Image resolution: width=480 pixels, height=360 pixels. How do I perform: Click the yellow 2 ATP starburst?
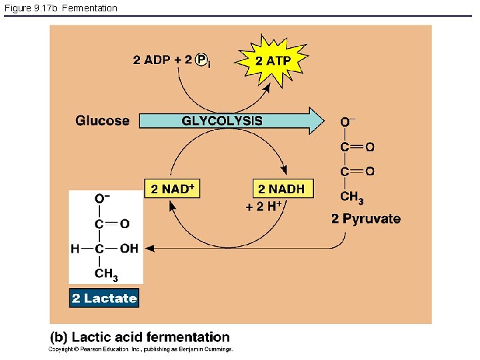(273, 61)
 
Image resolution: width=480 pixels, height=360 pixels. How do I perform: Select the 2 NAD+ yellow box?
(172, 189)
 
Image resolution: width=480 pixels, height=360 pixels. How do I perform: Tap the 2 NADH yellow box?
(281, 189)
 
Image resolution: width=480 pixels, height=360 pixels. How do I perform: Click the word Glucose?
(102, 121)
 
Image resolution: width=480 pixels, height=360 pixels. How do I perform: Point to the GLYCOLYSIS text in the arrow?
(222, 121)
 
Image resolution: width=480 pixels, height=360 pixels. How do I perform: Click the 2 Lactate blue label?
(104, 298)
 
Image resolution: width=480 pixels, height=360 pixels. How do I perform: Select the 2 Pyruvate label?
(366, 219)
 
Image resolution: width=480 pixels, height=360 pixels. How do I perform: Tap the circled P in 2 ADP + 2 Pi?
(202, 59)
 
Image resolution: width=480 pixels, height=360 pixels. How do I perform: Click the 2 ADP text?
(152, 60)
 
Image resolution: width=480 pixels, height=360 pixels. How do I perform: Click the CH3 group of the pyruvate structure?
(351, 197)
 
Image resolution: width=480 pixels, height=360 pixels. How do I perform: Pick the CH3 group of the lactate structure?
(106, 273)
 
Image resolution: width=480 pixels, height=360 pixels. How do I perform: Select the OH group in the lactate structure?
(129, 249)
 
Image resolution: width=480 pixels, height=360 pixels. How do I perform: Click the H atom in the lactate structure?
(75, 249)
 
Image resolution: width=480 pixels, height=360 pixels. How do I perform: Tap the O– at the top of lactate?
(102, 198)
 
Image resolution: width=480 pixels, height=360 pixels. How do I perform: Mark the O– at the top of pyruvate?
(347, 122)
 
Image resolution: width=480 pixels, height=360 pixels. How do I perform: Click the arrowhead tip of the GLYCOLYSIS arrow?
(323, 121)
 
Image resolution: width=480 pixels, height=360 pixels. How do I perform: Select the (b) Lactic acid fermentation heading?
(140, 337)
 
